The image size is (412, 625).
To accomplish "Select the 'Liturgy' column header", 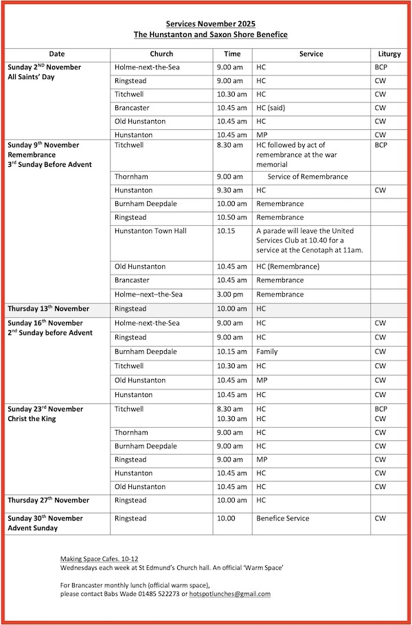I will (x=389, y=54).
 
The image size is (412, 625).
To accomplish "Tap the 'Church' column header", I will (x=161, y=54).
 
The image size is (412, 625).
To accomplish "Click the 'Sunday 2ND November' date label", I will (x=45, y=67).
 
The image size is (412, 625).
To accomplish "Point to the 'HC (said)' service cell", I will (x=273, y=108).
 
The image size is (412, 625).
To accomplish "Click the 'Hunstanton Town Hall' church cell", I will (x=150, y=231).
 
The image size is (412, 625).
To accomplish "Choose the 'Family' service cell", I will (x=267, y=352).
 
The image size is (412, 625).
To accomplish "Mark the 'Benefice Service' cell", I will (x=283, y=519).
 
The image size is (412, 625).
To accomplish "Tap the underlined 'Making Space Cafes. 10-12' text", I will (x=99, y=560).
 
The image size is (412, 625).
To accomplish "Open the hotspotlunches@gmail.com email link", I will (x=230, y=594).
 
